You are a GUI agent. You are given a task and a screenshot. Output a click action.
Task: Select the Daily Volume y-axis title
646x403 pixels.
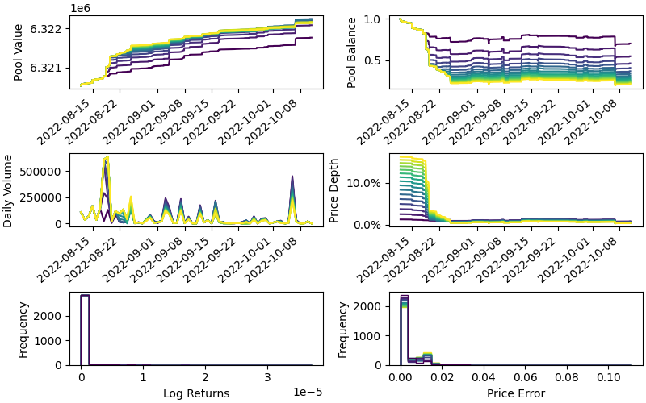click(8, 190)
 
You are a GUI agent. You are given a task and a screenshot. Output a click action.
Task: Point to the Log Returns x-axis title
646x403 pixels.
click(196, 393)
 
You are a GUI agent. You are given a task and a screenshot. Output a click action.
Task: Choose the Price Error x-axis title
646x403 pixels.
click(515, 393)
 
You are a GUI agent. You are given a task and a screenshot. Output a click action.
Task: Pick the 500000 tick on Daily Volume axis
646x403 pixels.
click(44, 172)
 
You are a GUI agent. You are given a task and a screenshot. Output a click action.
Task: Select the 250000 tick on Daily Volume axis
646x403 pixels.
click(44, 197)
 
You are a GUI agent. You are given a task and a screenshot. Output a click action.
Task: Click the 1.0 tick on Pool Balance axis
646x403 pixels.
click(378, 19)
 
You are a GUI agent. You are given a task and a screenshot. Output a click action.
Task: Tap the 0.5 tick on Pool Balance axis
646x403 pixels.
click(378, 60)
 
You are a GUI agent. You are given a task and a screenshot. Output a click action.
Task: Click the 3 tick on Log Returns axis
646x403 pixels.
click(267, 376)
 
